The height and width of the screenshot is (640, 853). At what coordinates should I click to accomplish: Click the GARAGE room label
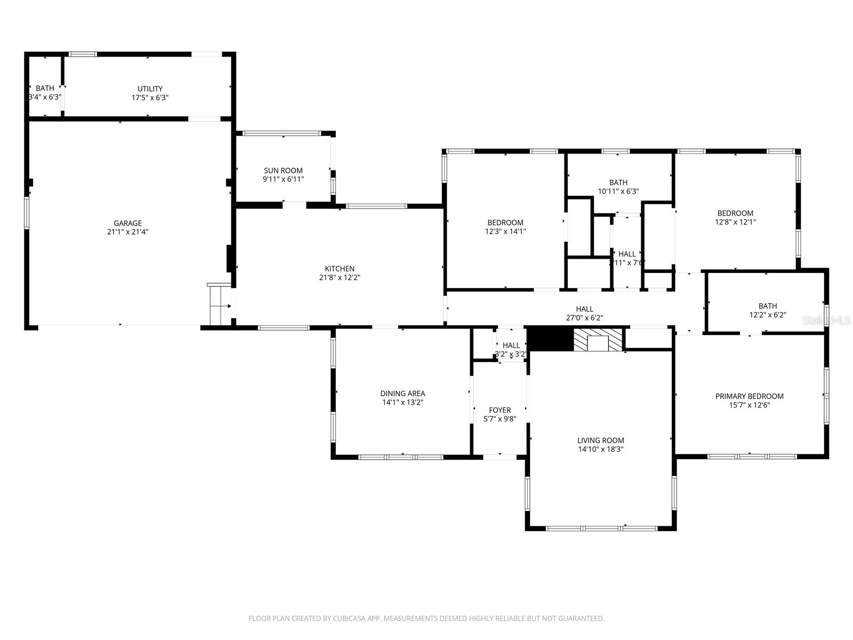127,223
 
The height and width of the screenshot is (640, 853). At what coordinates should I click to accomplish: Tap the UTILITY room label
150,89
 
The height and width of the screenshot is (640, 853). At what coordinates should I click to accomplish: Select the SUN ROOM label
283,171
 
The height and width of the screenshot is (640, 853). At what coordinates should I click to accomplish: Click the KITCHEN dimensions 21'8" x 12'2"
340,277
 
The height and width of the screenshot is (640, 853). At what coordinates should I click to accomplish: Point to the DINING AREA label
403,394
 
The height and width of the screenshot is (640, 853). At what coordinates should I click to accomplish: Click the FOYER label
500,410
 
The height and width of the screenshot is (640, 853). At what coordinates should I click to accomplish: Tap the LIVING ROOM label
600,440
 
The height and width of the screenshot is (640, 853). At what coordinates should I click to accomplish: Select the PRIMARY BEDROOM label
749,396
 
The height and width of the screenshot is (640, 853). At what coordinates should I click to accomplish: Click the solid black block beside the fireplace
550,339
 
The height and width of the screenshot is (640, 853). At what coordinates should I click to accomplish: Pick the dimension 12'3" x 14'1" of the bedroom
505,231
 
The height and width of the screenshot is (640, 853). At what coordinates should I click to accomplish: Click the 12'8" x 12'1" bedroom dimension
735,222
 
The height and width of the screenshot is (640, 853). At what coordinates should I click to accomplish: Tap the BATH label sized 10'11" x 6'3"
618,182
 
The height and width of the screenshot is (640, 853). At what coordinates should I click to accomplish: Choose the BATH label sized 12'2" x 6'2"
767,306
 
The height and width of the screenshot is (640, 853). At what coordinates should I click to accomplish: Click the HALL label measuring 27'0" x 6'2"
584,309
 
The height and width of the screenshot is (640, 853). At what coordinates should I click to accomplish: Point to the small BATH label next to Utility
45,89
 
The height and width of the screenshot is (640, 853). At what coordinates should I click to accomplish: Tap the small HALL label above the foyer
511,345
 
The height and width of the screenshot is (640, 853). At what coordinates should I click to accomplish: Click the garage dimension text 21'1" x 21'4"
127,232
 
